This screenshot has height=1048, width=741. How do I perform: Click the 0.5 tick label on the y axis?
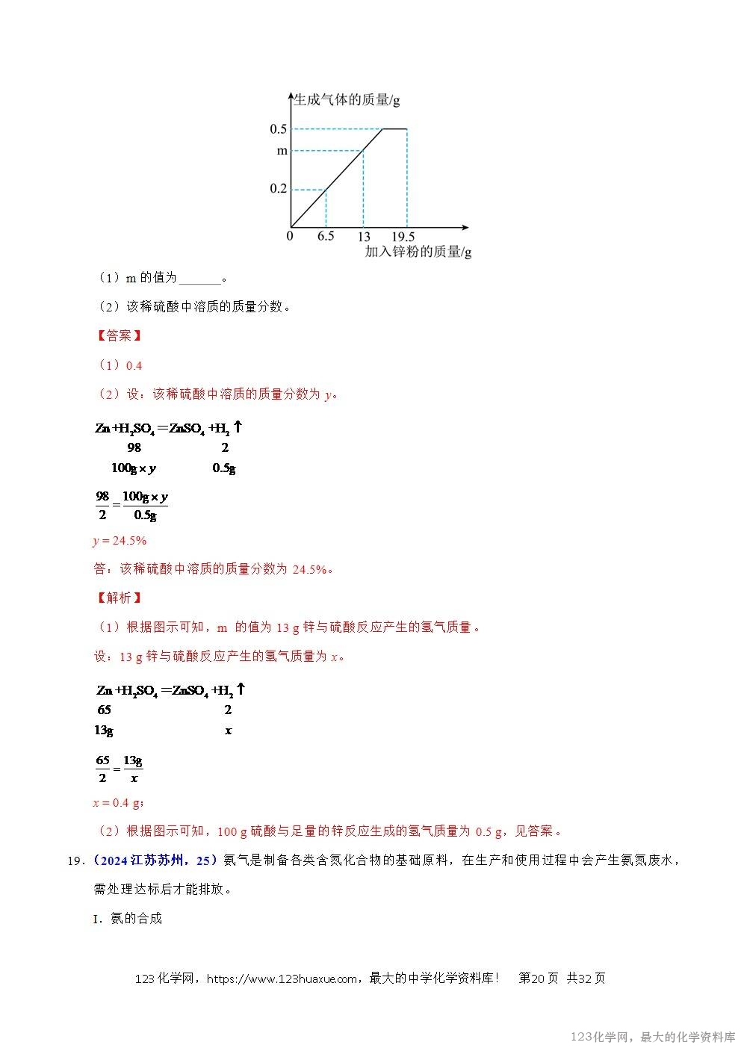278,129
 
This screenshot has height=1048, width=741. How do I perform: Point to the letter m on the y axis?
282,151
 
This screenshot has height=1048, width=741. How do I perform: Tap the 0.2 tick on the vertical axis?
278,189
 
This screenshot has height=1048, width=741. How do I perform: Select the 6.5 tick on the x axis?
325,237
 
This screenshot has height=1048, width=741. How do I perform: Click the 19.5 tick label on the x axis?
403,237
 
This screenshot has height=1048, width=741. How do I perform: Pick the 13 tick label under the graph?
363,237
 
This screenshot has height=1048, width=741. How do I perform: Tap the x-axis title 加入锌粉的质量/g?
418,252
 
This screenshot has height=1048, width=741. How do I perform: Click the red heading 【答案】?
119,336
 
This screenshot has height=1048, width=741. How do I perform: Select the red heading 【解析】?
119,598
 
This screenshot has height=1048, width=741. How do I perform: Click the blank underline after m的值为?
200,279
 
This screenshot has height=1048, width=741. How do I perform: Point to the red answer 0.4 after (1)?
134,366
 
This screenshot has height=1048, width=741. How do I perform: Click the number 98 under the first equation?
134,448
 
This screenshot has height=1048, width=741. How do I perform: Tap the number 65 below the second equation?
104,710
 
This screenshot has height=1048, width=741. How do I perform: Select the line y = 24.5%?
120,541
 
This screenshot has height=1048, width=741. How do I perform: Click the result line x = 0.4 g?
118,803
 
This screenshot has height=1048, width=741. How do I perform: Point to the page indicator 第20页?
538,979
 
